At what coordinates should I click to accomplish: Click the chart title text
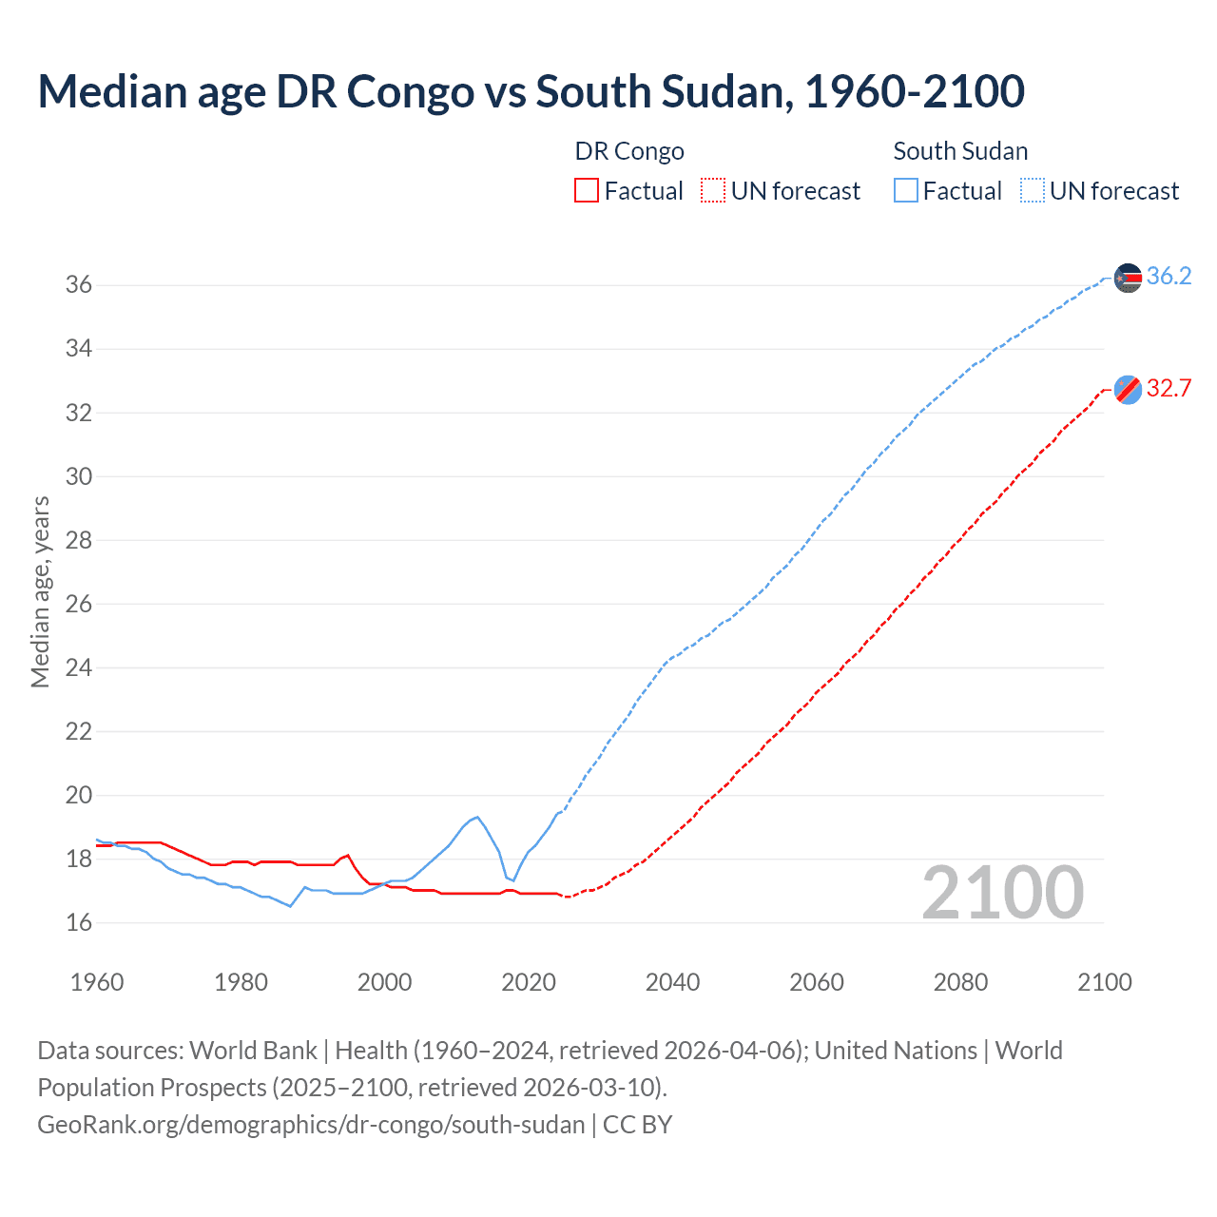[x=531, y=91]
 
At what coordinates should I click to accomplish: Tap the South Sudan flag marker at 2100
[x=1128, y=278]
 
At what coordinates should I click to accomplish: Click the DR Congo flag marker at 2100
[x=1128, y=390]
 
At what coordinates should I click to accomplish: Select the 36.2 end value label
[x=1169, y=277]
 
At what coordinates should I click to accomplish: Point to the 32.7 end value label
[x=1169, y=389]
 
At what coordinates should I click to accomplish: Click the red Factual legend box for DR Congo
[x=587, y=191]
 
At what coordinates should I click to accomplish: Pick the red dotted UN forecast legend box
[x=713, y=191]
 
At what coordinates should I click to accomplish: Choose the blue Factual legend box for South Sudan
[x=906, y=191]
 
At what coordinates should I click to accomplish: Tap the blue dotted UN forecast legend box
[x=1032, y=191]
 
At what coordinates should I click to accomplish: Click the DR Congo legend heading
[x=629, y=151]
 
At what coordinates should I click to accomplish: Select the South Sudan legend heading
[x=960, y=151]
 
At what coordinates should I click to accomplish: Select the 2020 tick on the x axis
[x=529, y=982]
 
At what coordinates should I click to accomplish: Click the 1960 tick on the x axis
[x=97, y=982]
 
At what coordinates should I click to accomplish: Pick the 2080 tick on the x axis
[x=960, y=982]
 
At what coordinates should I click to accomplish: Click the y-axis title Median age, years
[x=40, y=591]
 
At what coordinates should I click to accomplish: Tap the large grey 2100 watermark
[x=1002, y=892]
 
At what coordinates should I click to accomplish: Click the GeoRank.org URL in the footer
[x=311, y=1125]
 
